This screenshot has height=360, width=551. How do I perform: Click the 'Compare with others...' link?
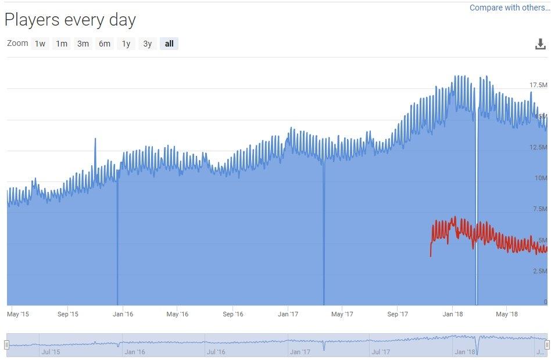point(509,8)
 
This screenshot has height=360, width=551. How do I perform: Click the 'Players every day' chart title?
point(70,20)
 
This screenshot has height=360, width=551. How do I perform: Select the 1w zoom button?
point(40,44)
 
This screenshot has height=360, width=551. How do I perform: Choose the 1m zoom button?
point(62,44)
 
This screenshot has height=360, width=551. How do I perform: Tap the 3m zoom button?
point(83,44)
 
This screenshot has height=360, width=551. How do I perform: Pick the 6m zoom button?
point(105,44)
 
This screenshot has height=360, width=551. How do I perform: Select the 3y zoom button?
point(147,44)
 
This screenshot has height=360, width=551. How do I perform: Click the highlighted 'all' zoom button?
point(169,44)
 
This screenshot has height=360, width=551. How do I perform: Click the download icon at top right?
point(541,44)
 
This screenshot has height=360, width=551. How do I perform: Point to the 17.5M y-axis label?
point(538,85)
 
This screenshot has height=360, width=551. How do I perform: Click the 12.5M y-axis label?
point(538,147)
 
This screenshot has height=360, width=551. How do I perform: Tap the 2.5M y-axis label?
point(539,271)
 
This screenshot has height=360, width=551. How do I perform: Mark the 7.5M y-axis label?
point(539,209)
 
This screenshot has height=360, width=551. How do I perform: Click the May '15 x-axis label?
point(17,314)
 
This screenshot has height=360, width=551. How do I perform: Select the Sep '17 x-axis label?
point(398,314)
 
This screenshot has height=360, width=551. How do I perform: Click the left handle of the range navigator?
point(6,345)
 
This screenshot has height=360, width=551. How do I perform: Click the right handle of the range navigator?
point(547,345)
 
